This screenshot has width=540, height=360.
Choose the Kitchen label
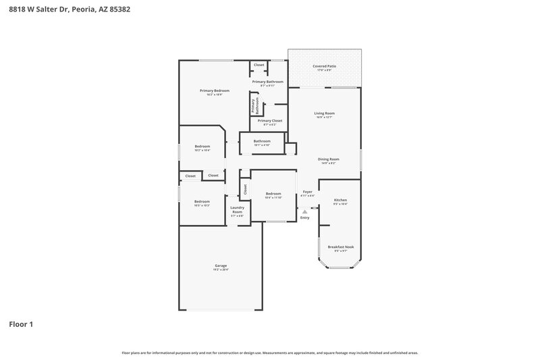pyautogui.click(x=340, y=201)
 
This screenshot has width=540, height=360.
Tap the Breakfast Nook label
pyautogui.click(x=340, y=248)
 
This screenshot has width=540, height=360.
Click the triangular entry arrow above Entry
pyautogui.click(x=304, y=211)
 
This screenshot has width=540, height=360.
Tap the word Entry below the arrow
pyautogui.click(x=304, y=217)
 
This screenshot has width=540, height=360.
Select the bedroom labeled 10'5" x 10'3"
pyautogui.click(x=202, y=203)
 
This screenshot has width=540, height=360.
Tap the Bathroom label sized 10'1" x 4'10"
pyautogui.click(x=262, y=143)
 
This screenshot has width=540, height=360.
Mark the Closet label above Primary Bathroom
pyautogui.click(x=259, y=65)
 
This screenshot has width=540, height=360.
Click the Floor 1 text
pyautogui.click(x=21, y=324)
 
